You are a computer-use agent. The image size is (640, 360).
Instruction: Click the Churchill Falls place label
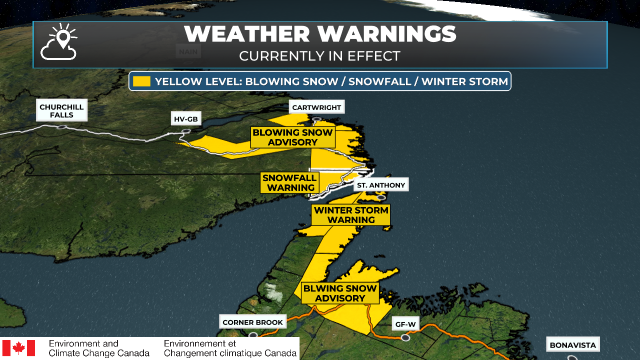[62, 111]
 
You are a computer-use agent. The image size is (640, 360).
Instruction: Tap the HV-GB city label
[186, 119]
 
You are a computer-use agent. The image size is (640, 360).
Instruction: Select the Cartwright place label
[317, 107]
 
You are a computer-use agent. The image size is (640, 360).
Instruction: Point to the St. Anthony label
[381, 185]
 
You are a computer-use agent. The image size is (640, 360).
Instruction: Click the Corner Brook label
[253, 322]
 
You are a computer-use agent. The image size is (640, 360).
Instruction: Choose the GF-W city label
[405, 324]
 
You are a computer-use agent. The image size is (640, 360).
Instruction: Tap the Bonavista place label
[573, 345]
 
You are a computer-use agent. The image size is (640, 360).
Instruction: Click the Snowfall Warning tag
[289, 183]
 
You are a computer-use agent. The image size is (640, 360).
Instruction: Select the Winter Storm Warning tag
[351, 215]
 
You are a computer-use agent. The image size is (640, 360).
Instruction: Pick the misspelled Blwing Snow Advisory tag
[340, 293]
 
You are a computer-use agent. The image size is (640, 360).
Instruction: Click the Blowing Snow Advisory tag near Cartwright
[293, 137]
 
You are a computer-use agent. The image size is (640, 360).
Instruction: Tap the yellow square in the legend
[142, 81]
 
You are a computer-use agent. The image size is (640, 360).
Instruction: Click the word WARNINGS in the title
[387, 34]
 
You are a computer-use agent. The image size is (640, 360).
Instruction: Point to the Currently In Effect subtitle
[320, 56]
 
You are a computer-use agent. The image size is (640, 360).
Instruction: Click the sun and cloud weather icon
[59, 42]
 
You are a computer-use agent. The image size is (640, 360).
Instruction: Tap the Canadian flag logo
[19, 348]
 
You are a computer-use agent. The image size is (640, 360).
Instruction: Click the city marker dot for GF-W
[405, 338]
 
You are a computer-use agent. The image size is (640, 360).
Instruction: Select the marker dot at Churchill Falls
[62, 127]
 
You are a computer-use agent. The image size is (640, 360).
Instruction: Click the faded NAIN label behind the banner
[188, 52]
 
